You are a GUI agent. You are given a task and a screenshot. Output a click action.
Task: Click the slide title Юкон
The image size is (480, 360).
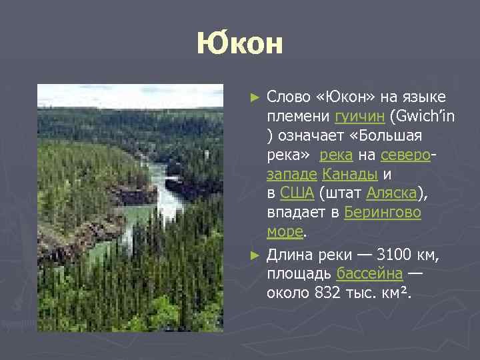(x=240, y=45)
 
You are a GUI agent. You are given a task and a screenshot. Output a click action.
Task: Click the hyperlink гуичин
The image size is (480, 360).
(x=359, y=117)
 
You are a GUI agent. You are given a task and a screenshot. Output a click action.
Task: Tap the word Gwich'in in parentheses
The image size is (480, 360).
(x=423, y=117)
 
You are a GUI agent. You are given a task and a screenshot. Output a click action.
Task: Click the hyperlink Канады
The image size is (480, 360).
(x=350, y=175)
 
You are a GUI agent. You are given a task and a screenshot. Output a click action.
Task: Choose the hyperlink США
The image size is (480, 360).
(x=297, y=194)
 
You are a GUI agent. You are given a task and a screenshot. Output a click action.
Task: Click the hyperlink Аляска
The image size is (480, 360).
(x=391, y=194)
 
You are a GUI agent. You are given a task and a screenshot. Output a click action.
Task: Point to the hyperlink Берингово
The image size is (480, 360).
(x=383, y=213)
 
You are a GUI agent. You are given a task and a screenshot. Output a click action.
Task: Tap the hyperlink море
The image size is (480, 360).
(x=285, y=233)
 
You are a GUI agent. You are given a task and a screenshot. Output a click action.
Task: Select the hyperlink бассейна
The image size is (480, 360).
(x=369, y=274)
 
